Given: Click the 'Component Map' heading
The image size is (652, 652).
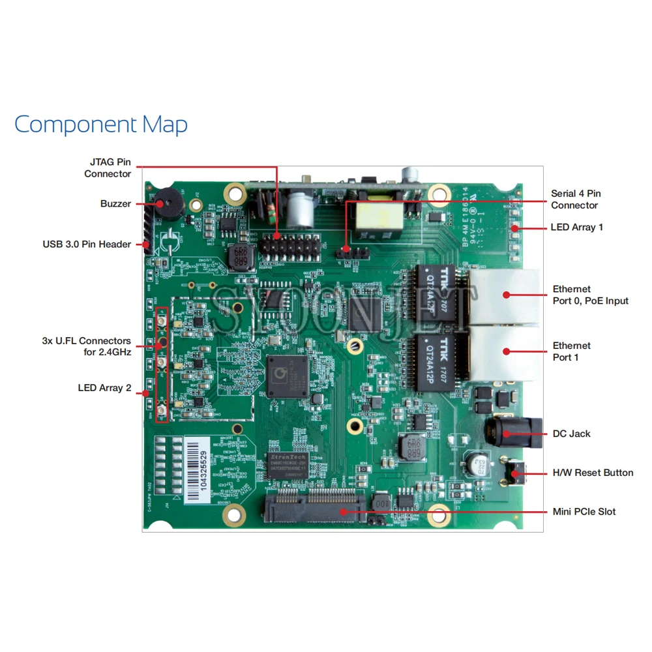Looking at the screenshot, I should tap(101, 124).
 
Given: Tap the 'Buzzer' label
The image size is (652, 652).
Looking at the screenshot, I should tap(115, 203).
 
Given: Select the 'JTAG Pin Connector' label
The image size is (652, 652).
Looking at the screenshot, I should tap(108, 168).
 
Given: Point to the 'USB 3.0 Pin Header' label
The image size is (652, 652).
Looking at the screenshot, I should tap(87, 244).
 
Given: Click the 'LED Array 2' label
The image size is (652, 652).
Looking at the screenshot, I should tap(104, 388).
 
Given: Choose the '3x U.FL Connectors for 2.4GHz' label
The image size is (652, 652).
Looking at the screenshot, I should tap(86, 346).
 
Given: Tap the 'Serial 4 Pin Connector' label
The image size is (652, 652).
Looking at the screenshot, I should tap(576, 199).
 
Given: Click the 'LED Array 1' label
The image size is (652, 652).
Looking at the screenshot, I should tap(577, 227).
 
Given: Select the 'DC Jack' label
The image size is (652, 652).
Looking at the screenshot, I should tap(571, 434).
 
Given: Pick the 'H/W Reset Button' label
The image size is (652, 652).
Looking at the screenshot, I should tap(593, 473).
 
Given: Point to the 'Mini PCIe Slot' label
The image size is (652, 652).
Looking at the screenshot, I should tap(584, 512).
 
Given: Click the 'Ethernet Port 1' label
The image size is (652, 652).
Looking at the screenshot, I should tap(572, 351).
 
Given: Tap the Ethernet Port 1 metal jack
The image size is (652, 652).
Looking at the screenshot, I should tap(504, 352).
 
